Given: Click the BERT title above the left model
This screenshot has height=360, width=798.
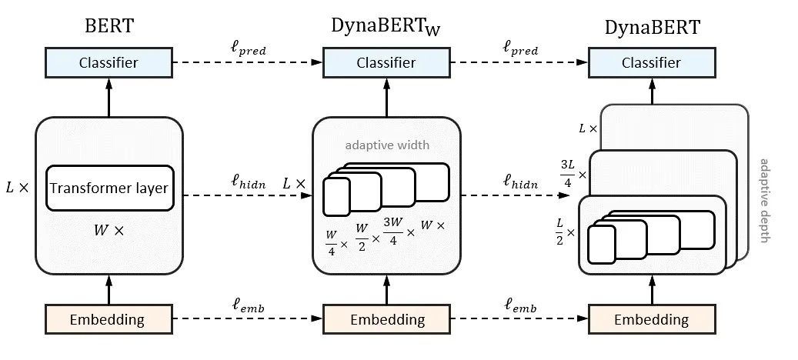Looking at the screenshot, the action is tap(109, 25).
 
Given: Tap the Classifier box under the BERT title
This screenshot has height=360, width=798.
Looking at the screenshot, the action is tap(109, 62).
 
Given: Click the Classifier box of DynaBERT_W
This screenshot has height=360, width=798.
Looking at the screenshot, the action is tap(386, 62).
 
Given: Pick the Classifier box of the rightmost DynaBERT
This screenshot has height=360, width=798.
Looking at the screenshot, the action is tap(652, 62).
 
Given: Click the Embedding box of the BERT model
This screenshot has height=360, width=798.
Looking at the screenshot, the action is tap(109, 319).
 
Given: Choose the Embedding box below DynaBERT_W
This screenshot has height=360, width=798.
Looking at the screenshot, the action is tap(386, 319).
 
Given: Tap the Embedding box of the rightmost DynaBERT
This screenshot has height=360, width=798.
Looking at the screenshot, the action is tap(652, 319).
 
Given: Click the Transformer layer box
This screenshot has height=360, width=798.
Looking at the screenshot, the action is tap(109, 188).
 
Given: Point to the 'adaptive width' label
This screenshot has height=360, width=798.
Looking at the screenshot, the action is tap(387, 145).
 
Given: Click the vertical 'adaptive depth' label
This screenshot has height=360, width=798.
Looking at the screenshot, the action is tap(763, 200).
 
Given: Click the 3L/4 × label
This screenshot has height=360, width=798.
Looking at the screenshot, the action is tap(573, 175).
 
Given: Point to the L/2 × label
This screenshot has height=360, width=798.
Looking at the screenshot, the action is tap(565, 232).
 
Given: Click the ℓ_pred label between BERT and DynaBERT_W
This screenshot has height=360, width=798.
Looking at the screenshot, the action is tap(248, 49).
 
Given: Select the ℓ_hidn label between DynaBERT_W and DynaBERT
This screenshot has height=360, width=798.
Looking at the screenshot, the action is tap(521, 182).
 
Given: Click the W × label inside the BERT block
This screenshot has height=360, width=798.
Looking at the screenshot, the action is tap(109, 230).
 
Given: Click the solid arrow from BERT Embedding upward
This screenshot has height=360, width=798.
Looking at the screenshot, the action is tap(109, 290).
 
